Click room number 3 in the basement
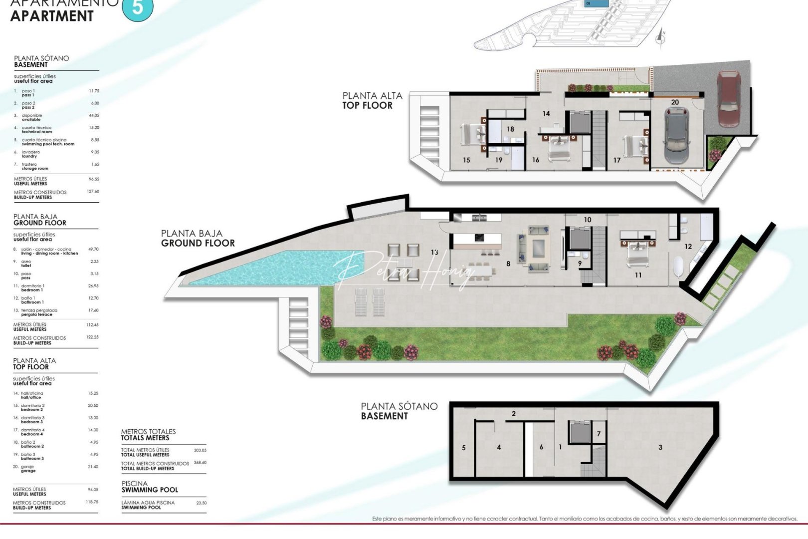pyautogui.click(x=660, y=447)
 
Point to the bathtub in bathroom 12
pyautogui.click(x=678, y=267)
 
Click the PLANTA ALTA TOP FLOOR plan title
pyautogui.click(x=372, y=100)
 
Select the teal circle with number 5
pyautogui.click(x=138, y=8)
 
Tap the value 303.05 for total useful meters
pyautogui.click(x=200, y=450)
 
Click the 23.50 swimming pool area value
pyautogui.click(x=201, y=503)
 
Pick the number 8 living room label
pyautogui.click(x=508, y=264)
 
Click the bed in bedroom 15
pyautogui.click(x=471, y=134)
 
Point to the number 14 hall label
pyautogui.click(x=546, y=114)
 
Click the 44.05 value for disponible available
pyautogui.click(x=94, y=115)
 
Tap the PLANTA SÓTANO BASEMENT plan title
pyautogui.click(x=399, y=411)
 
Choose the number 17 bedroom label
pyautogui.click(x=617, y=160)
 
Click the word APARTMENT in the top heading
pyautogui.click(x=52, y=16)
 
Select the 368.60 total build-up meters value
pyautogui.click(x=200, y=463)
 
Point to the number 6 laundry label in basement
pyautogui.click(x=541, y=447)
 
